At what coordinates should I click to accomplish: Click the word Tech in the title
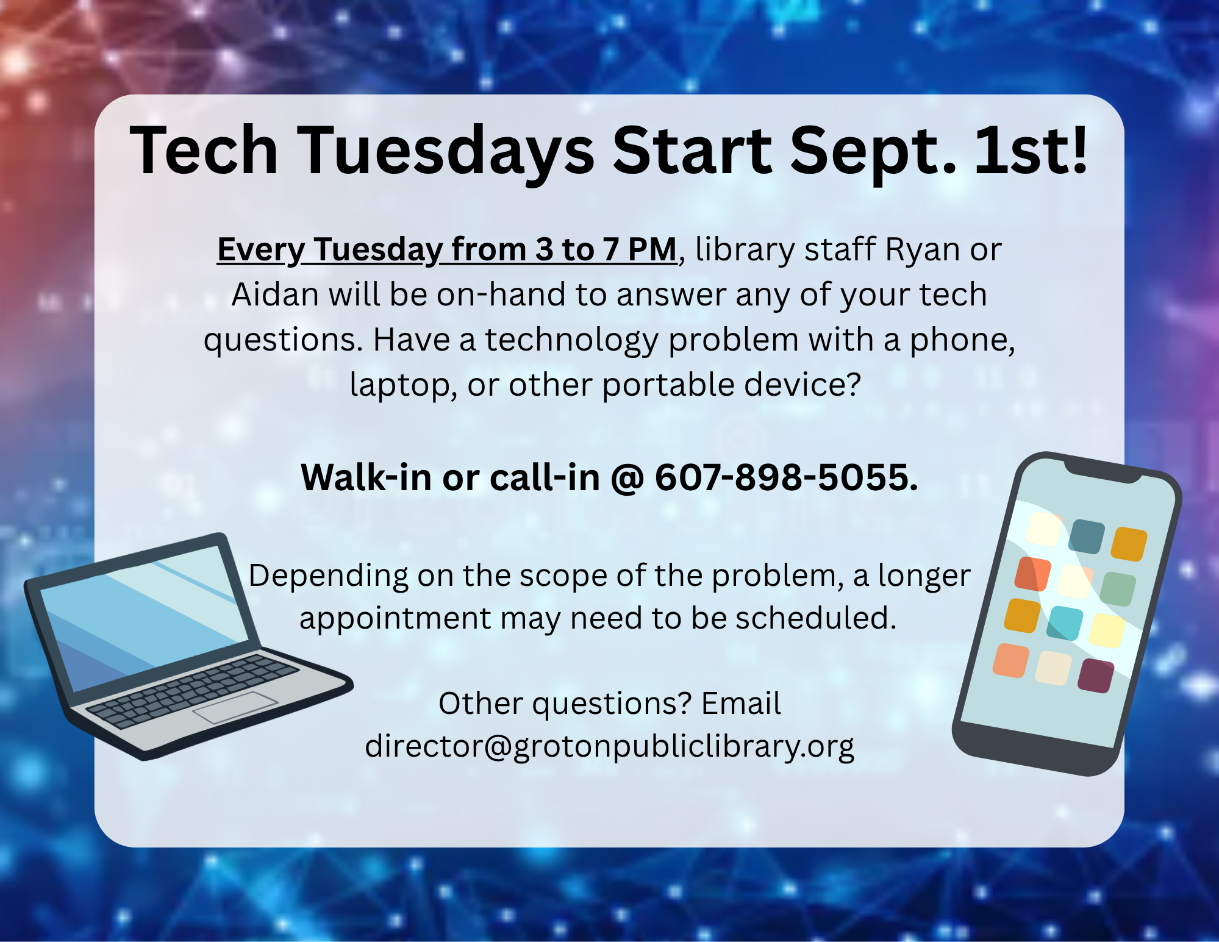coord(204,150)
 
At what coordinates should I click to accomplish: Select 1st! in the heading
coord(1031,150)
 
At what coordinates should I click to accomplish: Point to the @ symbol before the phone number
coord(627,478)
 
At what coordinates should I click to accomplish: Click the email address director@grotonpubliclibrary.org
coord(609,747)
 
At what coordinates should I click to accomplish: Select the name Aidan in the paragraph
coord(275,294)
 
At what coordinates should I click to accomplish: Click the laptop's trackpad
coord(235,707)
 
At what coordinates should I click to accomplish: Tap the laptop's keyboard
coord(193,691)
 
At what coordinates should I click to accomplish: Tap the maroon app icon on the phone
coord(1096,676)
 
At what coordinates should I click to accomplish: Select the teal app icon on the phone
coord(1065,623)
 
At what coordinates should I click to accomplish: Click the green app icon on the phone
coord(1118,589)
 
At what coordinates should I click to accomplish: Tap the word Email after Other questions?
coord(741,704)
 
